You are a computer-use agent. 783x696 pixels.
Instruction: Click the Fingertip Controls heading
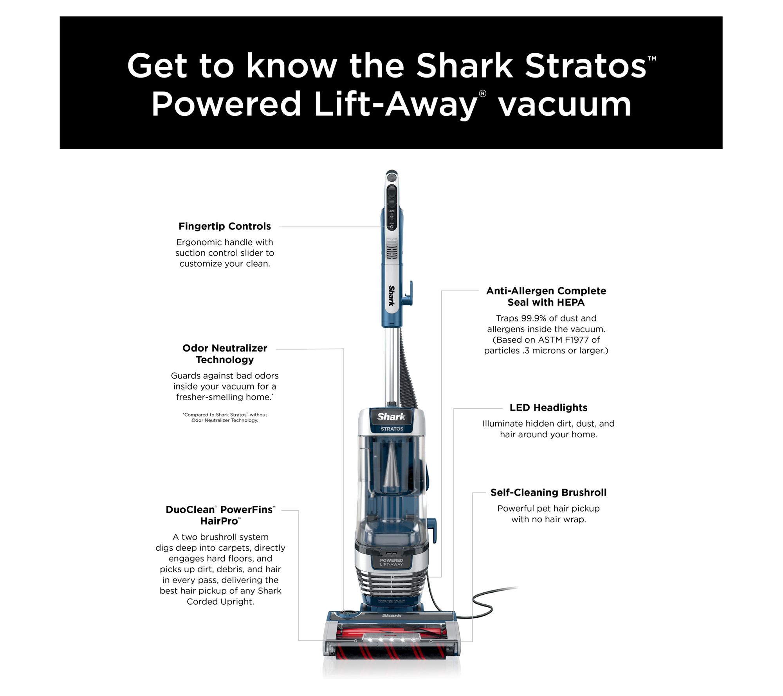(x=225, y=226)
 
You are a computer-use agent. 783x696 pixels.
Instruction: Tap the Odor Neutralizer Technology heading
(x=225, y=354)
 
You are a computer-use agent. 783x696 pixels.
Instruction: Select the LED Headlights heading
(x=548, y=408)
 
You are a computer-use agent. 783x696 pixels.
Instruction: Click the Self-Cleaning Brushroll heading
(x=548, y=492)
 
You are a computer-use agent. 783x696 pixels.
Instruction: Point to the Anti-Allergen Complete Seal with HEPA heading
(x=546, y=296)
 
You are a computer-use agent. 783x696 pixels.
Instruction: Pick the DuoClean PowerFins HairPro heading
(x=221, y=515)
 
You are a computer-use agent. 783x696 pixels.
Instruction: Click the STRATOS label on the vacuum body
(x=392, y=429)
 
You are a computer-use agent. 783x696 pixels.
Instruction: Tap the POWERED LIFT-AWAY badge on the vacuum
(x=391, y=562)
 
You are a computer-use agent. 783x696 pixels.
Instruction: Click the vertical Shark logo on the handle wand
(x=391, y=296)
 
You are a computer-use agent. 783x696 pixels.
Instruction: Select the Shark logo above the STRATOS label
(x=391, y=417)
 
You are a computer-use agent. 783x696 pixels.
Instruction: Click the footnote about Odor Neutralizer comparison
(x=225, y=417)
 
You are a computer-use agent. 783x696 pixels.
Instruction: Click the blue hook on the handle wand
(x=408, y=293)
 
